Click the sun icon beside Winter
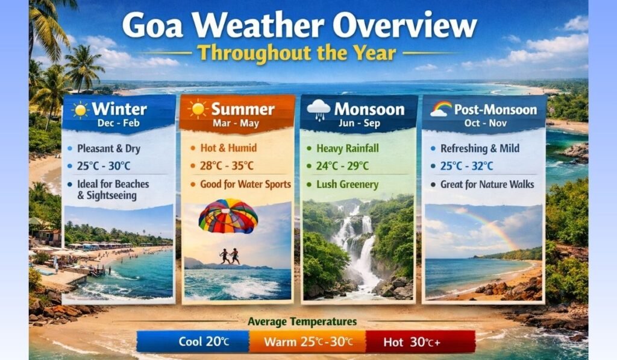(x=80, y=110)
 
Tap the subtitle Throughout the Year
(x=296, y=53)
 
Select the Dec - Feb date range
(x=119, y=122)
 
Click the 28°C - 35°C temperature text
(x=225, y=166)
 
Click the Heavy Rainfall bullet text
(x=351, y=148)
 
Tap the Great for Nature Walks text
(x=487, y=184)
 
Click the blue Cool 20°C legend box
(x=193, y=342)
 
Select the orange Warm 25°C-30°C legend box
(x=307, y=342)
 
